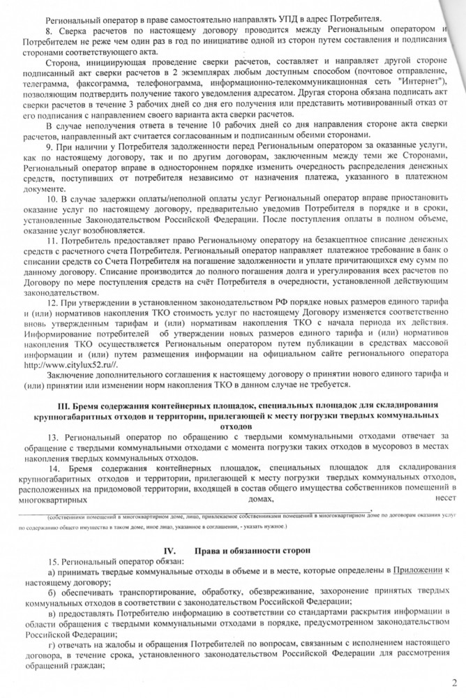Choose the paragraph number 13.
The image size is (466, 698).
[51, 436]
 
